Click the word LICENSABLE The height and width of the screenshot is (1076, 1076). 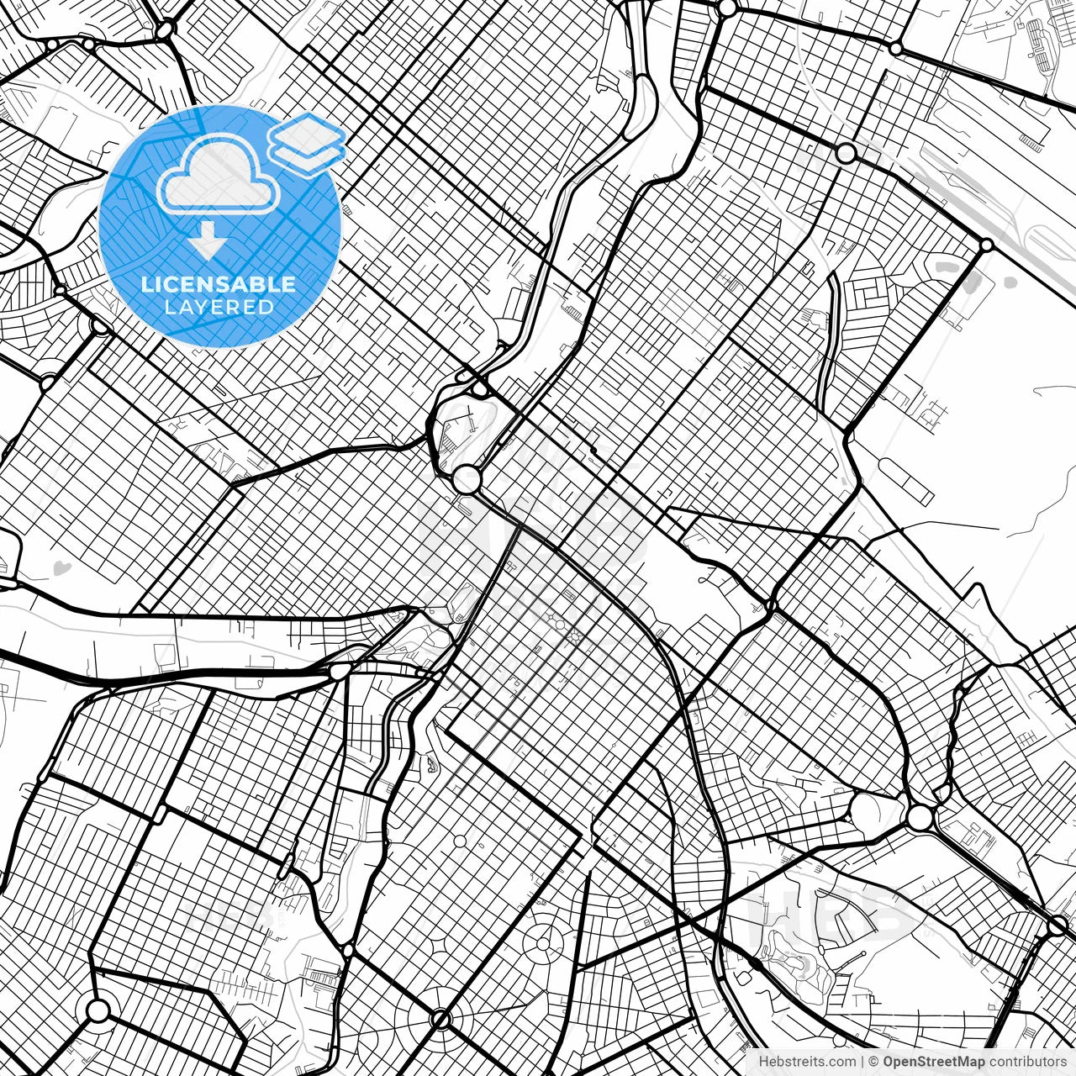coord(219,284)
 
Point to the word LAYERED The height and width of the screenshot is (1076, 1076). coord(219,307)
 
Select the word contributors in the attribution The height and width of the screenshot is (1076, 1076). coord(1027,1062)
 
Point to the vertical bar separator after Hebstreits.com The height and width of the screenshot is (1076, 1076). coord(862,1062)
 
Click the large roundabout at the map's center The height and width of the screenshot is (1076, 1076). coord(466,479)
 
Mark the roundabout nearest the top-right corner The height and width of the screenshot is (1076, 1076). coord(896,49)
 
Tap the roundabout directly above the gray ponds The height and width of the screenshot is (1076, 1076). coord(986,245)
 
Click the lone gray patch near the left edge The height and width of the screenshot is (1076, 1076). coord(60,568)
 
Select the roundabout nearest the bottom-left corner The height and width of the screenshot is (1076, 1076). coord(98,1010)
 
